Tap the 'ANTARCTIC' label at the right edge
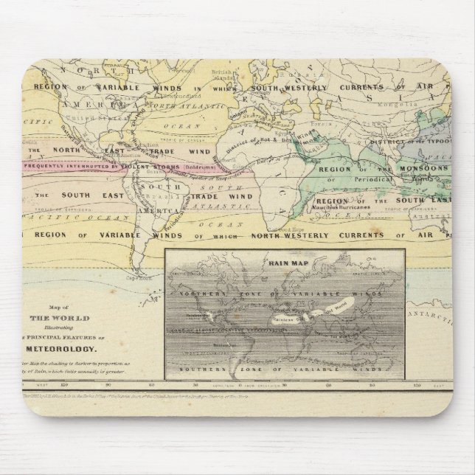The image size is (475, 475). pyautogui.click(x=436, y=317)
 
